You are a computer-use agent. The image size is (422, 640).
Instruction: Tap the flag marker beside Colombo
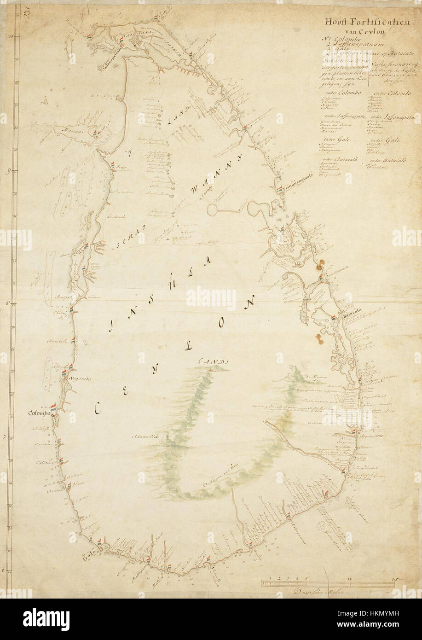pos(55,408)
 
